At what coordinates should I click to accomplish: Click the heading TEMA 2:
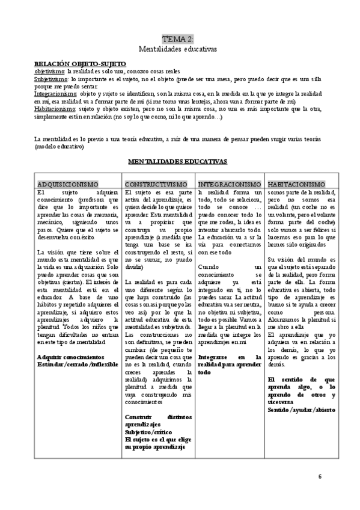click(x=178, y=38)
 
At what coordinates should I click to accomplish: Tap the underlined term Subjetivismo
click(x=51, y=78)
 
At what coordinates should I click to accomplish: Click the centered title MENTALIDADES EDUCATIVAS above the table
click(x=178, y=162)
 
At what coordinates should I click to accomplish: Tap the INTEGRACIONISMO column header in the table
click(x=230, y=183)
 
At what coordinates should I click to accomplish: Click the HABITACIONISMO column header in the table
click(x=297, y=183)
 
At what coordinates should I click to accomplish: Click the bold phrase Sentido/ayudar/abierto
click(x=302, y=409)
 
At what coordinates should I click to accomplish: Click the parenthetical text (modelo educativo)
click(x=59, y=146)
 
